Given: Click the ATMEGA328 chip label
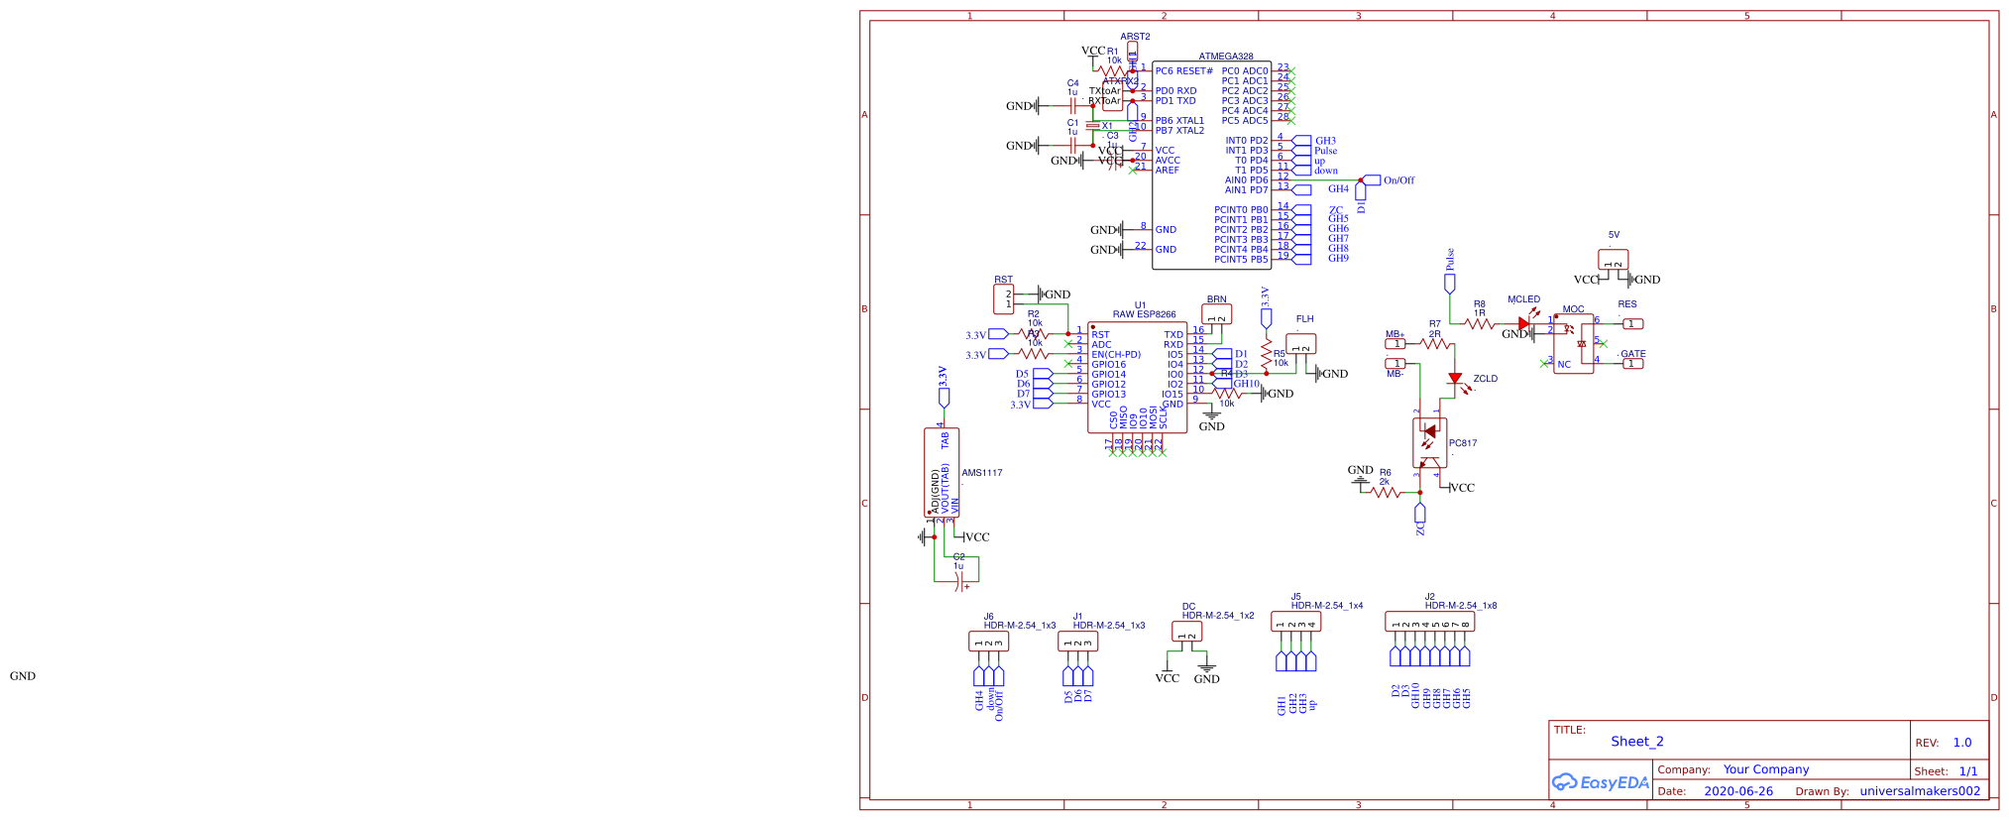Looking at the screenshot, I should (x=1225, y=57).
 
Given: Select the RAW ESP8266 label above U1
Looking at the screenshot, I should (x=1144, y=314).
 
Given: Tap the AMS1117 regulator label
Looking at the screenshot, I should (x=981, y=473).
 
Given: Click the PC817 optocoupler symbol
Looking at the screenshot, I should (x=1428, y=442).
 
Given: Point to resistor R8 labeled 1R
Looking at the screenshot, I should (x=1479, y=324).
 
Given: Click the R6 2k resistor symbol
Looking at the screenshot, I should (x=1385, y=492).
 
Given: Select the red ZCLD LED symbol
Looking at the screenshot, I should (x=1455, y=379).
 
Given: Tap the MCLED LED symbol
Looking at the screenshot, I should (x=1523, y=324).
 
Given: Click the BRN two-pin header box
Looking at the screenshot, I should (x=1216, y=314).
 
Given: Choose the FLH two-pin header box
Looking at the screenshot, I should (x=1300, y=344).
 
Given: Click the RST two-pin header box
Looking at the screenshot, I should (x=1003, y=298).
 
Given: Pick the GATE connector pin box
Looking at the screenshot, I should (x=1632, y=364).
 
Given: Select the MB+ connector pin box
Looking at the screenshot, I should (x=1395, y=344).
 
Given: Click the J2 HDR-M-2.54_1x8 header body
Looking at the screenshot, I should (x=1429, y=622).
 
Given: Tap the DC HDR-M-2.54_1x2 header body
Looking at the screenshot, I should (x=1186, y=632).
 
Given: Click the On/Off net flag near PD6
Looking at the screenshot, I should (x=1372, y=180).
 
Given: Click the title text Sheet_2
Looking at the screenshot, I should (x=1636, y=742).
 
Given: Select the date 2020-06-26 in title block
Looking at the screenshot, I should (x=1737, y=791).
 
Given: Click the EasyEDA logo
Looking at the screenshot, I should (x=1600, y=782).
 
